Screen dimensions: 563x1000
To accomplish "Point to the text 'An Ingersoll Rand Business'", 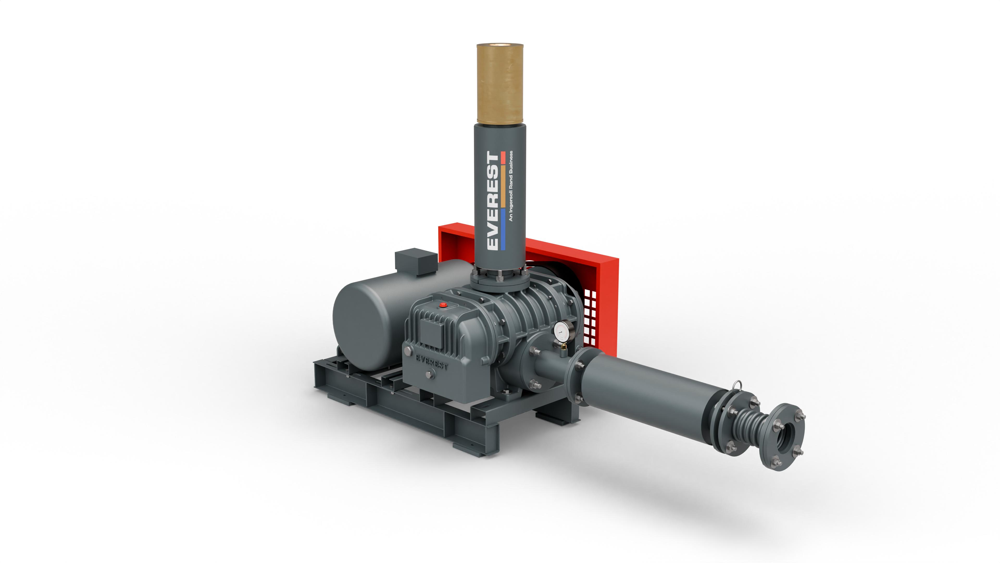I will pyautogui.click(x=511, y=186).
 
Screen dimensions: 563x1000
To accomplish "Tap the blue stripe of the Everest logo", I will pyautogui.click(x=503, y=230).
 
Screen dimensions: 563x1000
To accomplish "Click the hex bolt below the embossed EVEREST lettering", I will pyautogui.click(x=429, y=374).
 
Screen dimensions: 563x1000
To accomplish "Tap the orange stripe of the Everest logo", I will pyautogui.click(x=503, y=187).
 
